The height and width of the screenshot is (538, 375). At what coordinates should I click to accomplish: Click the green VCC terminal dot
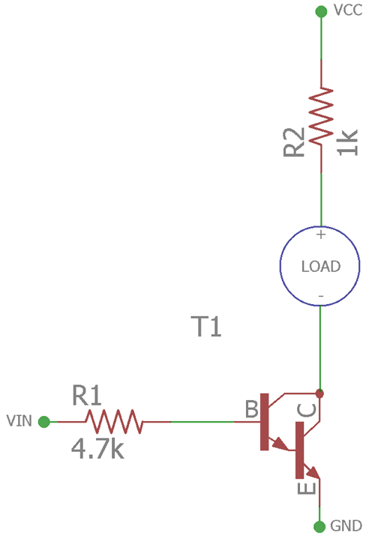pos(321,11)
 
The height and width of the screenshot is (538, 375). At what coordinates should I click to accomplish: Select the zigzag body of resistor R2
pos(321,116)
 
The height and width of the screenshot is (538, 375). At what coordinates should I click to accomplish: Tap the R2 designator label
pos(294,142)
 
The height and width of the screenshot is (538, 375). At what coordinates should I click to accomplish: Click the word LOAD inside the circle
pos(320,266)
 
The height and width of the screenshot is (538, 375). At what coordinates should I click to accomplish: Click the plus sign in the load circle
pos(321,235)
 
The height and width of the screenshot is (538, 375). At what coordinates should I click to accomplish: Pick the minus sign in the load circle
pos(321,297)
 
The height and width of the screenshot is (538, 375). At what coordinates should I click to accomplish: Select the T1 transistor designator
pos(206,327)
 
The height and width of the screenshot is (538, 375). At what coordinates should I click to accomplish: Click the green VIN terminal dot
pos(44,422)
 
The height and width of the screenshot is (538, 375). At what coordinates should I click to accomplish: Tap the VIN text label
pos(19,421)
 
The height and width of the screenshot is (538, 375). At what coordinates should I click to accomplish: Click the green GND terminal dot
pos(321,526)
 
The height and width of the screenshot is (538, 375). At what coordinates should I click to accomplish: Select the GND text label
pos(346,527)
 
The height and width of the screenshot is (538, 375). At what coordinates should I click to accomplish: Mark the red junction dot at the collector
pos(321,393)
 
